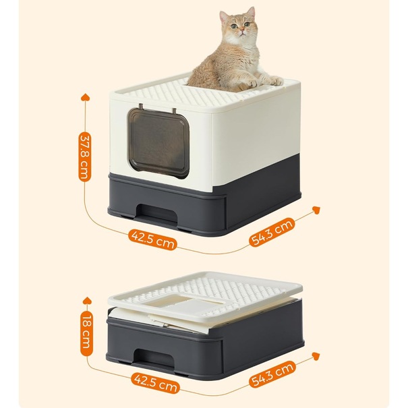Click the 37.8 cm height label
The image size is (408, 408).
click(x=85, y=157)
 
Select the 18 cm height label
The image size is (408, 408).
click(x=86, y=331)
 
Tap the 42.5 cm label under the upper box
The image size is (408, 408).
click(x=152, y=239)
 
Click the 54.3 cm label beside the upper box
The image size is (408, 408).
click(x=272, y=233)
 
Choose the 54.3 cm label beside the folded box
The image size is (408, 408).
click(x=272, y=374)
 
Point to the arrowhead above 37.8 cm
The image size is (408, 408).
click(x=86, y=98)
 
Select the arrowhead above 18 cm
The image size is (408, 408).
click(x=87, y=301)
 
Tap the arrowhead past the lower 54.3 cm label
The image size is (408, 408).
click(x=316, y=356)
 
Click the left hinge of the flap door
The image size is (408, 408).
click(x=141, y=107)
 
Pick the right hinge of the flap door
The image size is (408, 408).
click(x=173, y=111)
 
